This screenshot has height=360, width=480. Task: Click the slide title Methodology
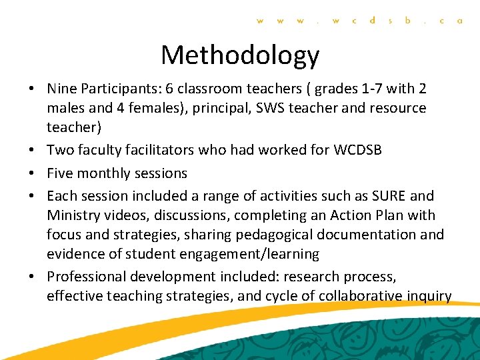point(240,55)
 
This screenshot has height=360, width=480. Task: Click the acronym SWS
point(279,108)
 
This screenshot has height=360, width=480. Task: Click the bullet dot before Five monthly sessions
point(33,173)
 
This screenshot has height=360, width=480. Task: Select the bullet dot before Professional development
point(33,277)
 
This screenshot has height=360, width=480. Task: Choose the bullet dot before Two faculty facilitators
point(33,150)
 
